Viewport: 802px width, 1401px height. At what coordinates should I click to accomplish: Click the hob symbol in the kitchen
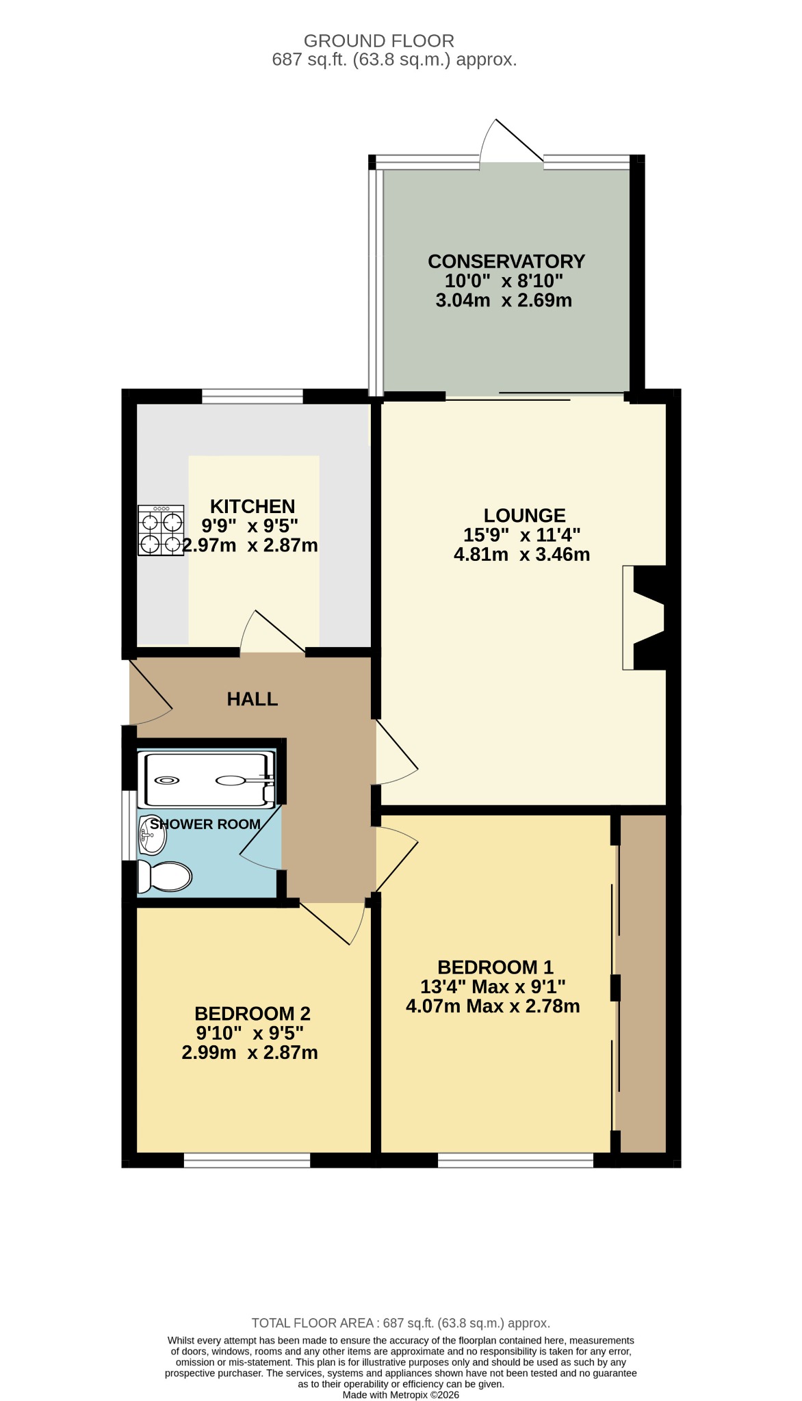(161, 530)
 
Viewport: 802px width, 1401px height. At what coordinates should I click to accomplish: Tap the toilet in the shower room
(164, 876)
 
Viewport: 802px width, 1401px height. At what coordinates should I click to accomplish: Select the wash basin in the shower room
(152, 836)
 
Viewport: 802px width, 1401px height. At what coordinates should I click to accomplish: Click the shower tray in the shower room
(206, 780)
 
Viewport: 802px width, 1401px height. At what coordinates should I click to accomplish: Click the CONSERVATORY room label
(506, 261)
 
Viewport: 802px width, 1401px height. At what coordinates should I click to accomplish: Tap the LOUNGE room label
(525, 515)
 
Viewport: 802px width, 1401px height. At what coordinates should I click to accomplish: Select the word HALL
(253, 699)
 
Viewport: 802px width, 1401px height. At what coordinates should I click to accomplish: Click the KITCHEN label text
(253, 506)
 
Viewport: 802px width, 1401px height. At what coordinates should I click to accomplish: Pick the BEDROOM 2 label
(253, 1013)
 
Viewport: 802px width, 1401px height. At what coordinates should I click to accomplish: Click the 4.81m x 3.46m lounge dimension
(522, 554)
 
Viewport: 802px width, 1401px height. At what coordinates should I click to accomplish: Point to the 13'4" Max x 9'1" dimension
(493, 986)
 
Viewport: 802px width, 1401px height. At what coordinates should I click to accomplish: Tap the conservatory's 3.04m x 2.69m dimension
(504, 300)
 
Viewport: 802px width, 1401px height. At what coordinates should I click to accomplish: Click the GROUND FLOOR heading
(379, 41)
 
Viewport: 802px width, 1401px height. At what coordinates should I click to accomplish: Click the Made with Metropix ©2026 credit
(401, 1395)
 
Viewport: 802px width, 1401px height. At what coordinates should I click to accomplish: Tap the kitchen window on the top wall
(253, 396)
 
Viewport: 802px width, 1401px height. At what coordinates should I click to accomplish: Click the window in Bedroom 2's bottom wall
(247, 1160)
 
